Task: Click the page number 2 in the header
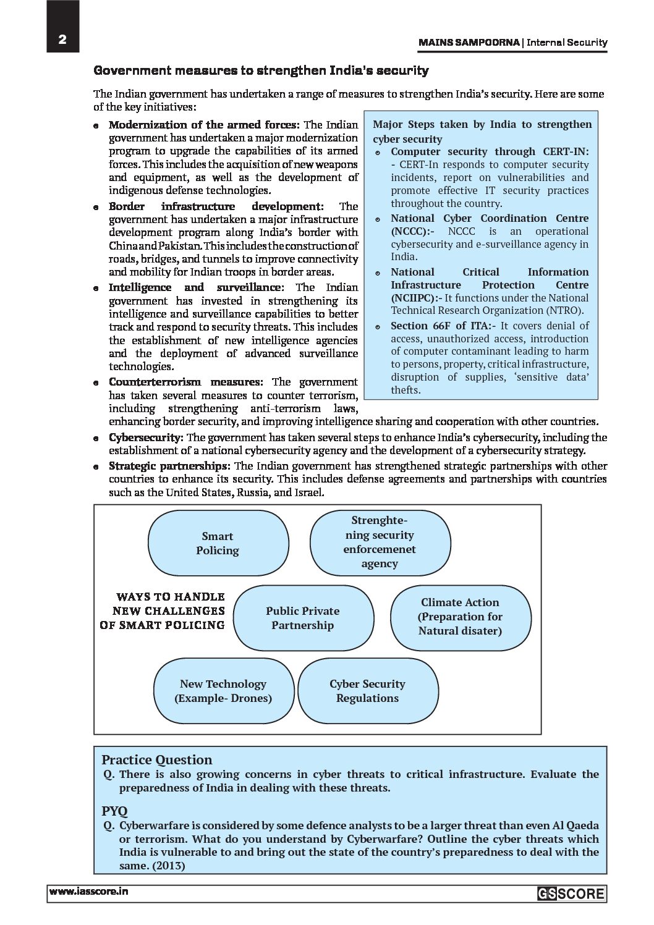click(62, 40)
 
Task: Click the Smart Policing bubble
click(218, 544)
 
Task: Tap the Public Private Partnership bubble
click(303, 618)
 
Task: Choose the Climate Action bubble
click(461, 617)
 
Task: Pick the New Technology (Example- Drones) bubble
click(223, 691)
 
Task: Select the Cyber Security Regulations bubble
click(367, 691)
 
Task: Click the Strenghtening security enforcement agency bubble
click(380, 542)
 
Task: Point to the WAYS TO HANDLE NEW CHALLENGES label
click(163, 611)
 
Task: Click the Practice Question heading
click(156, 760)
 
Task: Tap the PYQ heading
click(114, 811)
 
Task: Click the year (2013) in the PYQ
click(166, 865)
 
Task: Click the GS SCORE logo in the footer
click(571, 893)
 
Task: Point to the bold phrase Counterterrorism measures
click(185, 382)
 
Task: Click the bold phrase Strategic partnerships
click(169, 466)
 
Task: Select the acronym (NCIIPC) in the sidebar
click(413, 298)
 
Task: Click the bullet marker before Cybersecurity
click(96, 438)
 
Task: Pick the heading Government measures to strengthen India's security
click(261, 70)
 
